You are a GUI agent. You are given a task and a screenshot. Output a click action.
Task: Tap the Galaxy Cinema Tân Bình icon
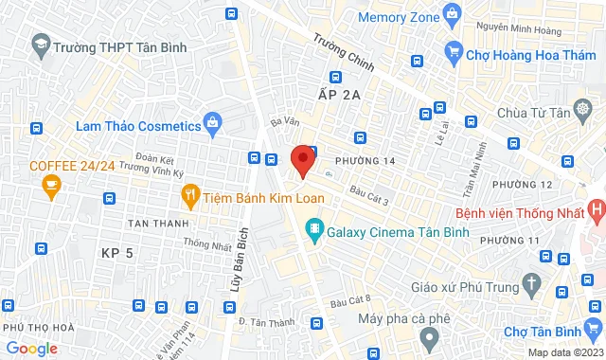point(313,229)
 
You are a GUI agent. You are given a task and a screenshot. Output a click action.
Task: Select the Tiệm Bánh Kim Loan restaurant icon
point(190,196)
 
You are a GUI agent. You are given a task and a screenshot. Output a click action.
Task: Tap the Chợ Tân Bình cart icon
point(594,329)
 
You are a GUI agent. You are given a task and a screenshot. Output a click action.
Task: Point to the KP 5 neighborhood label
point(118,252)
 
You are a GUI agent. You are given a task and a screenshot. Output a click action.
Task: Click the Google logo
point(30,349)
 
